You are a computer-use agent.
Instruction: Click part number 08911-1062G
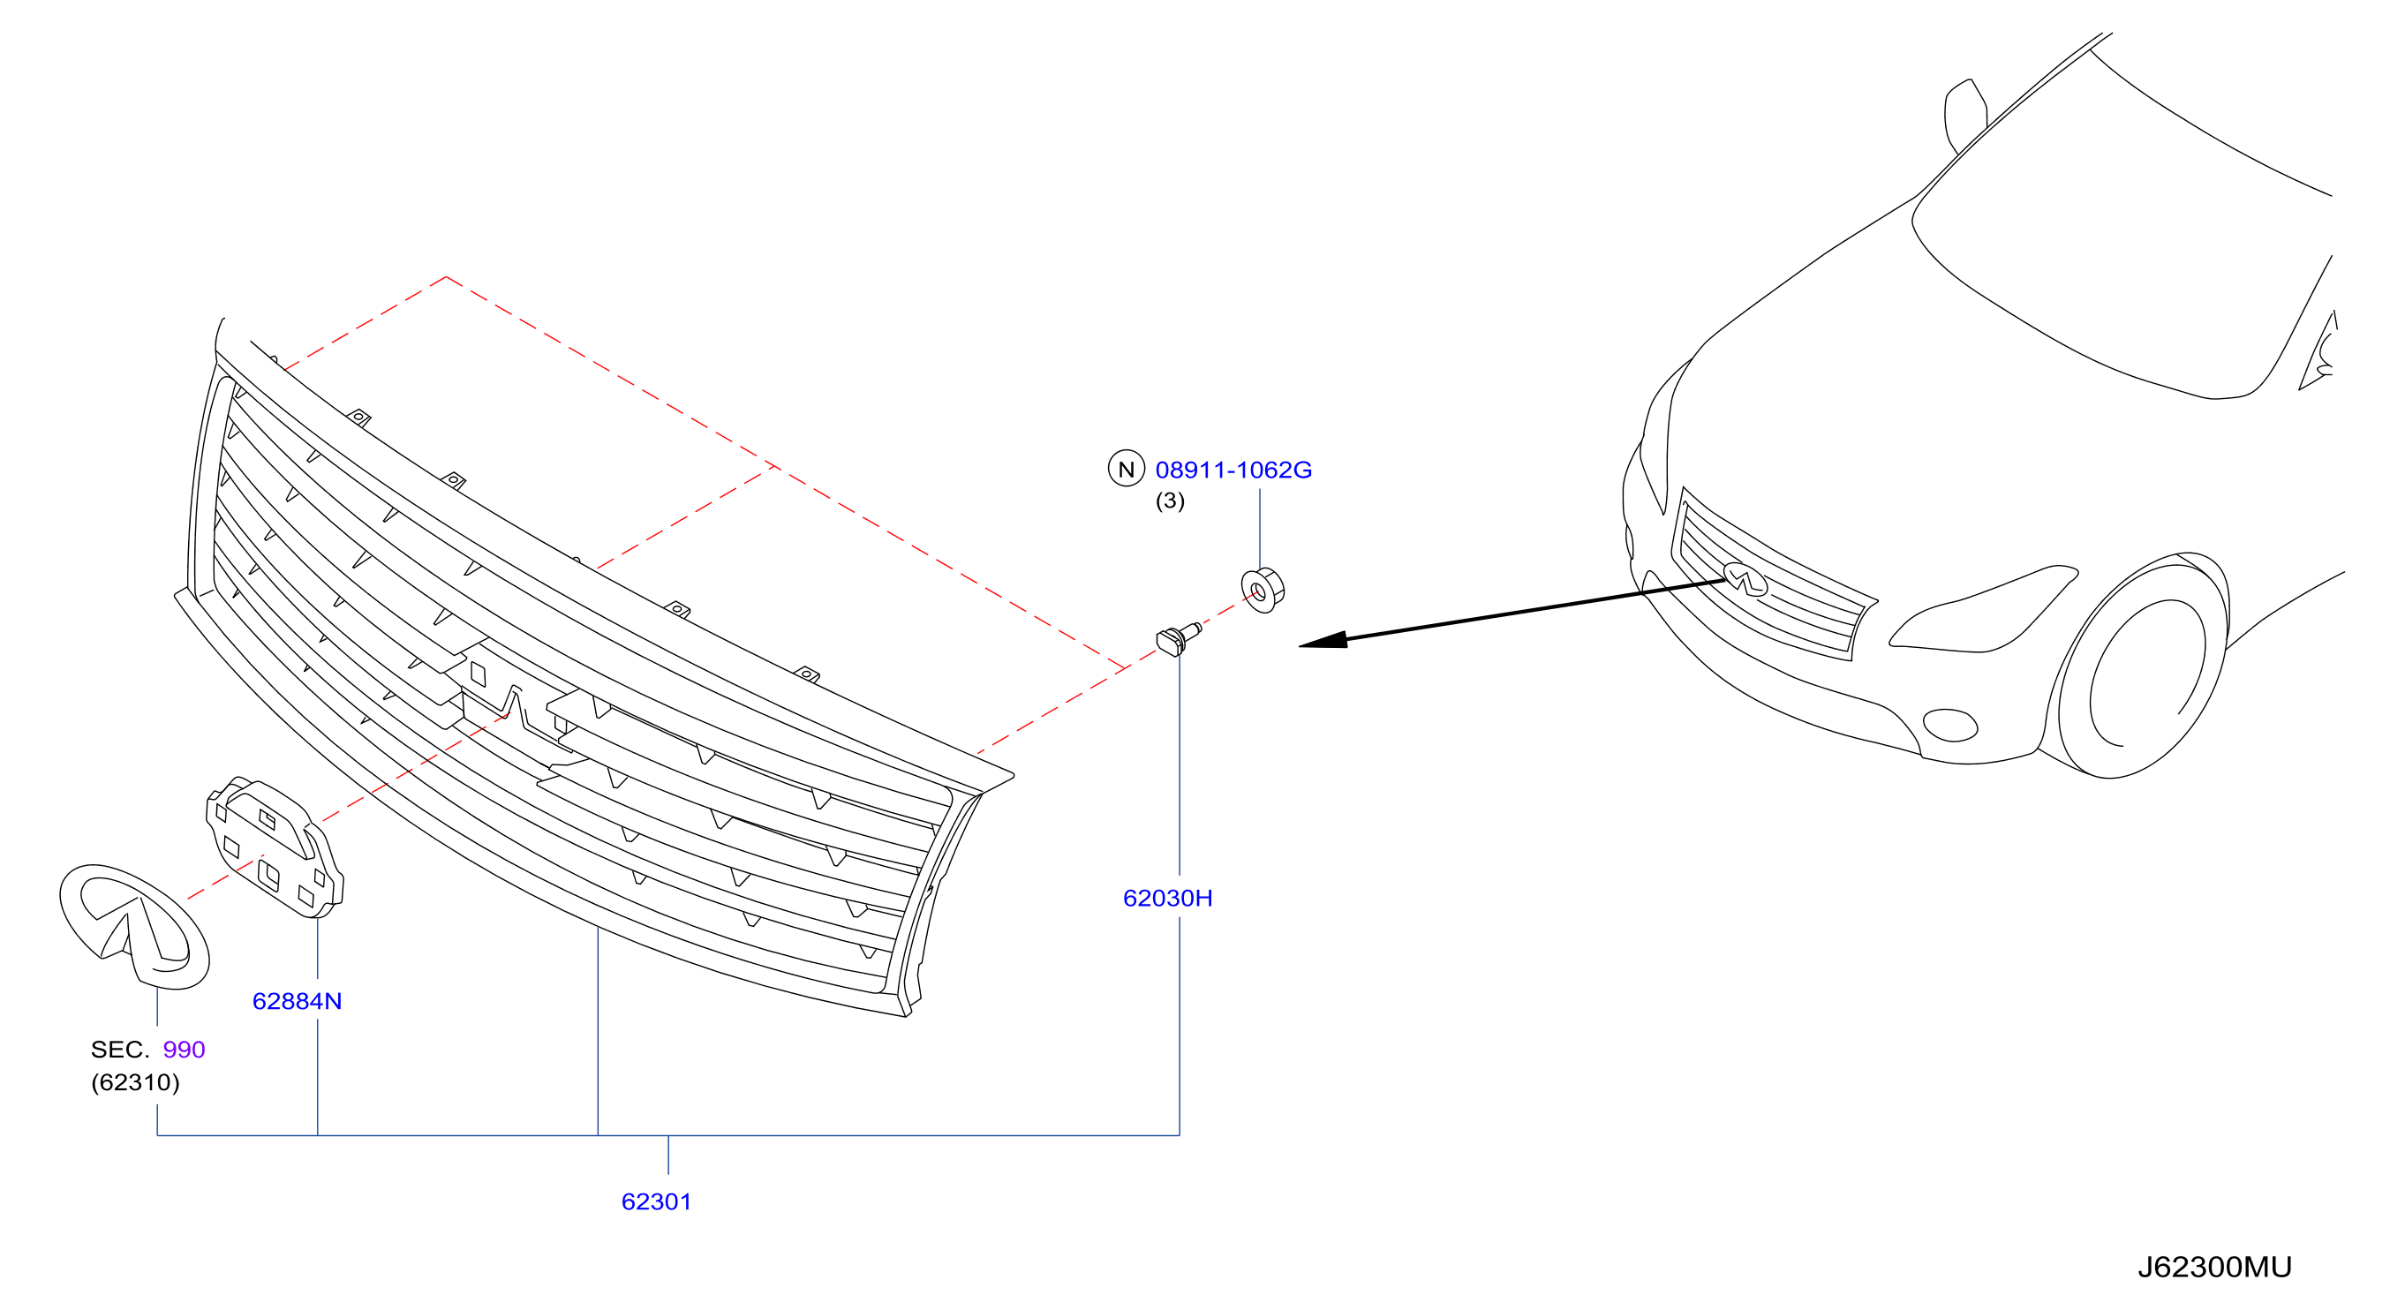pos(1233,470)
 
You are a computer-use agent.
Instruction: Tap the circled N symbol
pos(1126,469)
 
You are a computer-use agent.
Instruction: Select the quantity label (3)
pos(1170,501)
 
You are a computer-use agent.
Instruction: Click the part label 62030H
pos(1167,899)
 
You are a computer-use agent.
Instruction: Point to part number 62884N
pos(297,1001)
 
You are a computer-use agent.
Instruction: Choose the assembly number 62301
pos(656,1201)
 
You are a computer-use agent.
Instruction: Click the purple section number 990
pos(184,1050)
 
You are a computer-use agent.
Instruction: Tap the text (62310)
pos(135,1082)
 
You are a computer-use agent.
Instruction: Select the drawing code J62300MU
pos(2214,1267)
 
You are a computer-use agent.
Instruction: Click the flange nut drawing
pos(1263,589)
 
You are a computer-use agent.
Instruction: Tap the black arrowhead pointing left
pos(1323,641)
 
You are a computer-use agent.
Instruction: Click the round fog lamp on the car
pos(1950,725)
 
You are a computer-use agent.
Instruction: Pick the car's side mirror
pos(1965,116)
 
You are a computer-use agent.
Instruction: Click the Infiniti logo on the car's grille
pos(1745,579)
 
